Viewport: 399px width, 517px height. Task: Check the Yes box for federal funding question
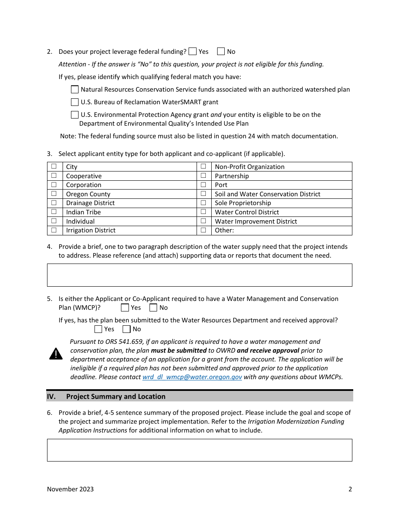193,51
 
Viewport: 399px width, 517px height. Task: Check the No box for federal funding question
221,51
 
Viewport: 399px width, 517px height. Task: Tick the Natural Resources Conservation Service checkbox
75,89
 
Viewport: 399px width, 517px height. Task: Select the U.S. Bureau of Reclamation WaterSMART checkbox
75,102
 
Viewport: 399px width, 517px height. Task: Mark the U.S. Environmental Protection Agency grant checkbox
75,114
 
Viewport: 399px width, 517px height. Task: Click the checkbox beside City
54,166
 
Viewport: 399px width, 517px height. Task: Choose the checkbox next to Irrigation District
54,230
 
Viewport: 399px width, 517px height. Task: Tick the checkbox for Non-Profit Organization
203,166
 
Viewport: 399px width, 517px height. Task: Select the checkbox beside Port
203,185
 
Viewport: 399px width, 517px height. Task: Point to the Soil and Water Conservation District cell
281,194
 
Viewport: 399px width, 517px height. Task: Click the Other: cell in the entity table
281,230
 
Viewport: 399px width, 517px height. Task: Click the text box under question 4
199,275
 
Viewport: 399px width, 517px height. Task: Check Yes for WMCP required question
125,307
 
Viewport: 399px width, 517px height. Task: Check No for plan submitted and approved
126,329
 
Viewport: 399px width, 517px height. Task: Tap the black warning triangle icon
56,354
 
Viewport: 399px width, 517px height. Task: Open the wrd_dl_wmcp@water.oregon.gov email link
192,377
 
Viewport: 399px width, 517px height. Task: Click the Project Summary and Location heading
115,396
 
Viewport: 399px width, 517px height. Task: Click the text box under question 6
199,450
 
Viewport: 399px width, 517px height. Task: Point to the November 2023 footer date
70,489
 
